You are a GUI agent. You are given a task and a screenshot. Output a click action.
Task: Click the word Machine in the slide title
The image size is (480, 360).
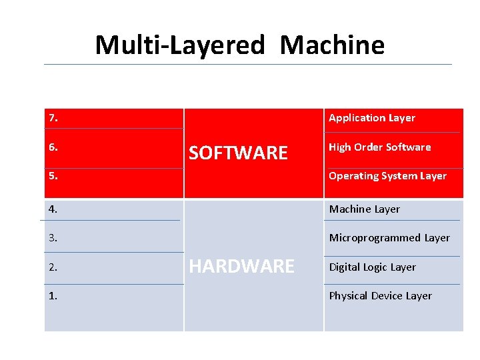332,45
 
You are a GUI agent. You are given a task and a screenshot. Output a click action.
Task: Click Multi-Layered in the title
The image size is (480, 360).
180,45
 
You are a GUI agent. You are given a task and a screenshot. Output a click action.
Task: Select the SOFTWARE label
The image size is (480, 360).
238,153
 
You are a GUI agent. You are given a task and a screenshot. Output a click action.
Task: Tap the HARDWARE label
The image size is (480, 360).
241,267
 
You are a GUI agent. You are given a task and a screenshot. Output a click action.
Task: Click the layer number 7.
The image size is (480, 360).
53,118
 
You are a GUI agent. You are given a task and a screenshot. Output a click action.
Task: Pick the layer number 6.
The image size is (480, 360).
53,147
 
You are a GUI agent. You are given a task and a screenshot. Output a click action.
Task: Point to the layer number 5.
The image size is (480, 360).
53,176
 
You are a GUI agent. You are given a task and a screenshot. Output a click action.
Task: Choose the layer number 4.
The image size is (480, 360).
53,209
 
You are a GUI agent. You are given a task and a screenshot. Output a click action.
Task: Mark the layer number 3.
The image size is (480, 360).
53,237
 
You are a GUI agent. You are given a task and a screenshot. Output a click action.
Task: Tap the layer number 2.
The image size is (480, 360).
53,267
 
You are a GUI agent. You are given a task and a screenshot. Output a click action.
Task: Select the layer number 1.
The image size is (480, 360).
53,295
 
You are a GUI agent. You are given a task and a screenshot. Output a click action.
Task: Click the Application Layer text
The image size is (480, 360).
371,118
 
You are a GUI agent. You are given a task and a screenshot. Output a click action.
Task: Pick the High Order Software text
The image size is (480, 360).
379,147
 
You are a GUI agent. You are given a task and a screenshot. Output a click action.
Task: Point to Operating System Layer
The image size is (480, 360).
387,176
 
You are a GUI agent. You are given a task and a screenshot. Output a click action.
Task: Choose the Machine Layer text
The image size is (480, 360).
364,209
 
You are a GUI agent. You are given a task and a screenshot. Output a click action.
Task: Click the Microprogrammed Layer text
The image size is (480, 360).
389,237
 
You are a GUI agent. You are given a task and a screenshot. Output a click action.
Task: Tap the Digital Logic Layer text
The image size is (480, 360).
372,267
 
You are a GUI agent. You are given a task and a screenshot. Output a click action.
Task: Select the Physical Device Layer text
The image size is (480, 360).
380,295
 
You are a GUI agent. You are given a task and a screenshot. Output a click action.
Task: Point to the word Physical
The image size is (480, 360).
348,295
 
